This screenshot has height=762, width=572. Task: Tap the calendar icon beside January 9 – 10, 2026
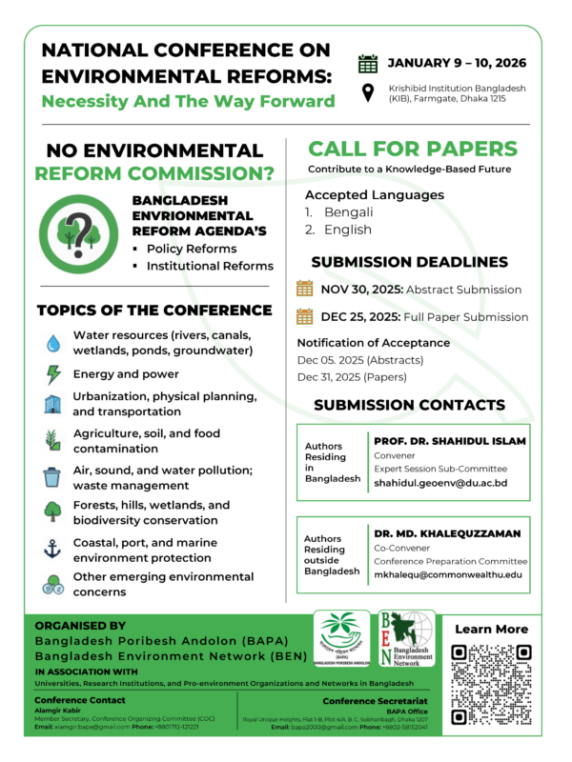368,65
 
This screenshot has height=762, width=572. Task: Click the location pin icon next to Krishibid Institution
368,93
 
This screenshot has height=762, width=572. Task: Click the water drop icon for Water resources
52,342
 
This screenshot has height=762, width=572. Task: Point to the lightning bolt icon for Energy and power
52,374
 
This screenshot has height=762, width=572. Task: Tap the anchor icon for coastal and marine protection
52,549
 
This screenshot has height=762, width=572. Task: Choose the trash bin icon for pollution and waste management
52,476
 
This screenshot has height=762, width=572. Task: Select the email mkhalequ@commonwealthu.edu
447,575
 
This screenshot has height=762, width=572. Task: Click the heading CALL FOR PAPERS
413,149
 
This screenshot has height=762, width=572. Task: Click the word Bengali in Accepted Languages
348,212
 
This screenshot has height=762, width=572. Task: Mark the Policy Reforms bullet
192,249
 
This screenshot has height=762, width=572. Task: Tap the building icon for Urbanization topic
52,404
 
